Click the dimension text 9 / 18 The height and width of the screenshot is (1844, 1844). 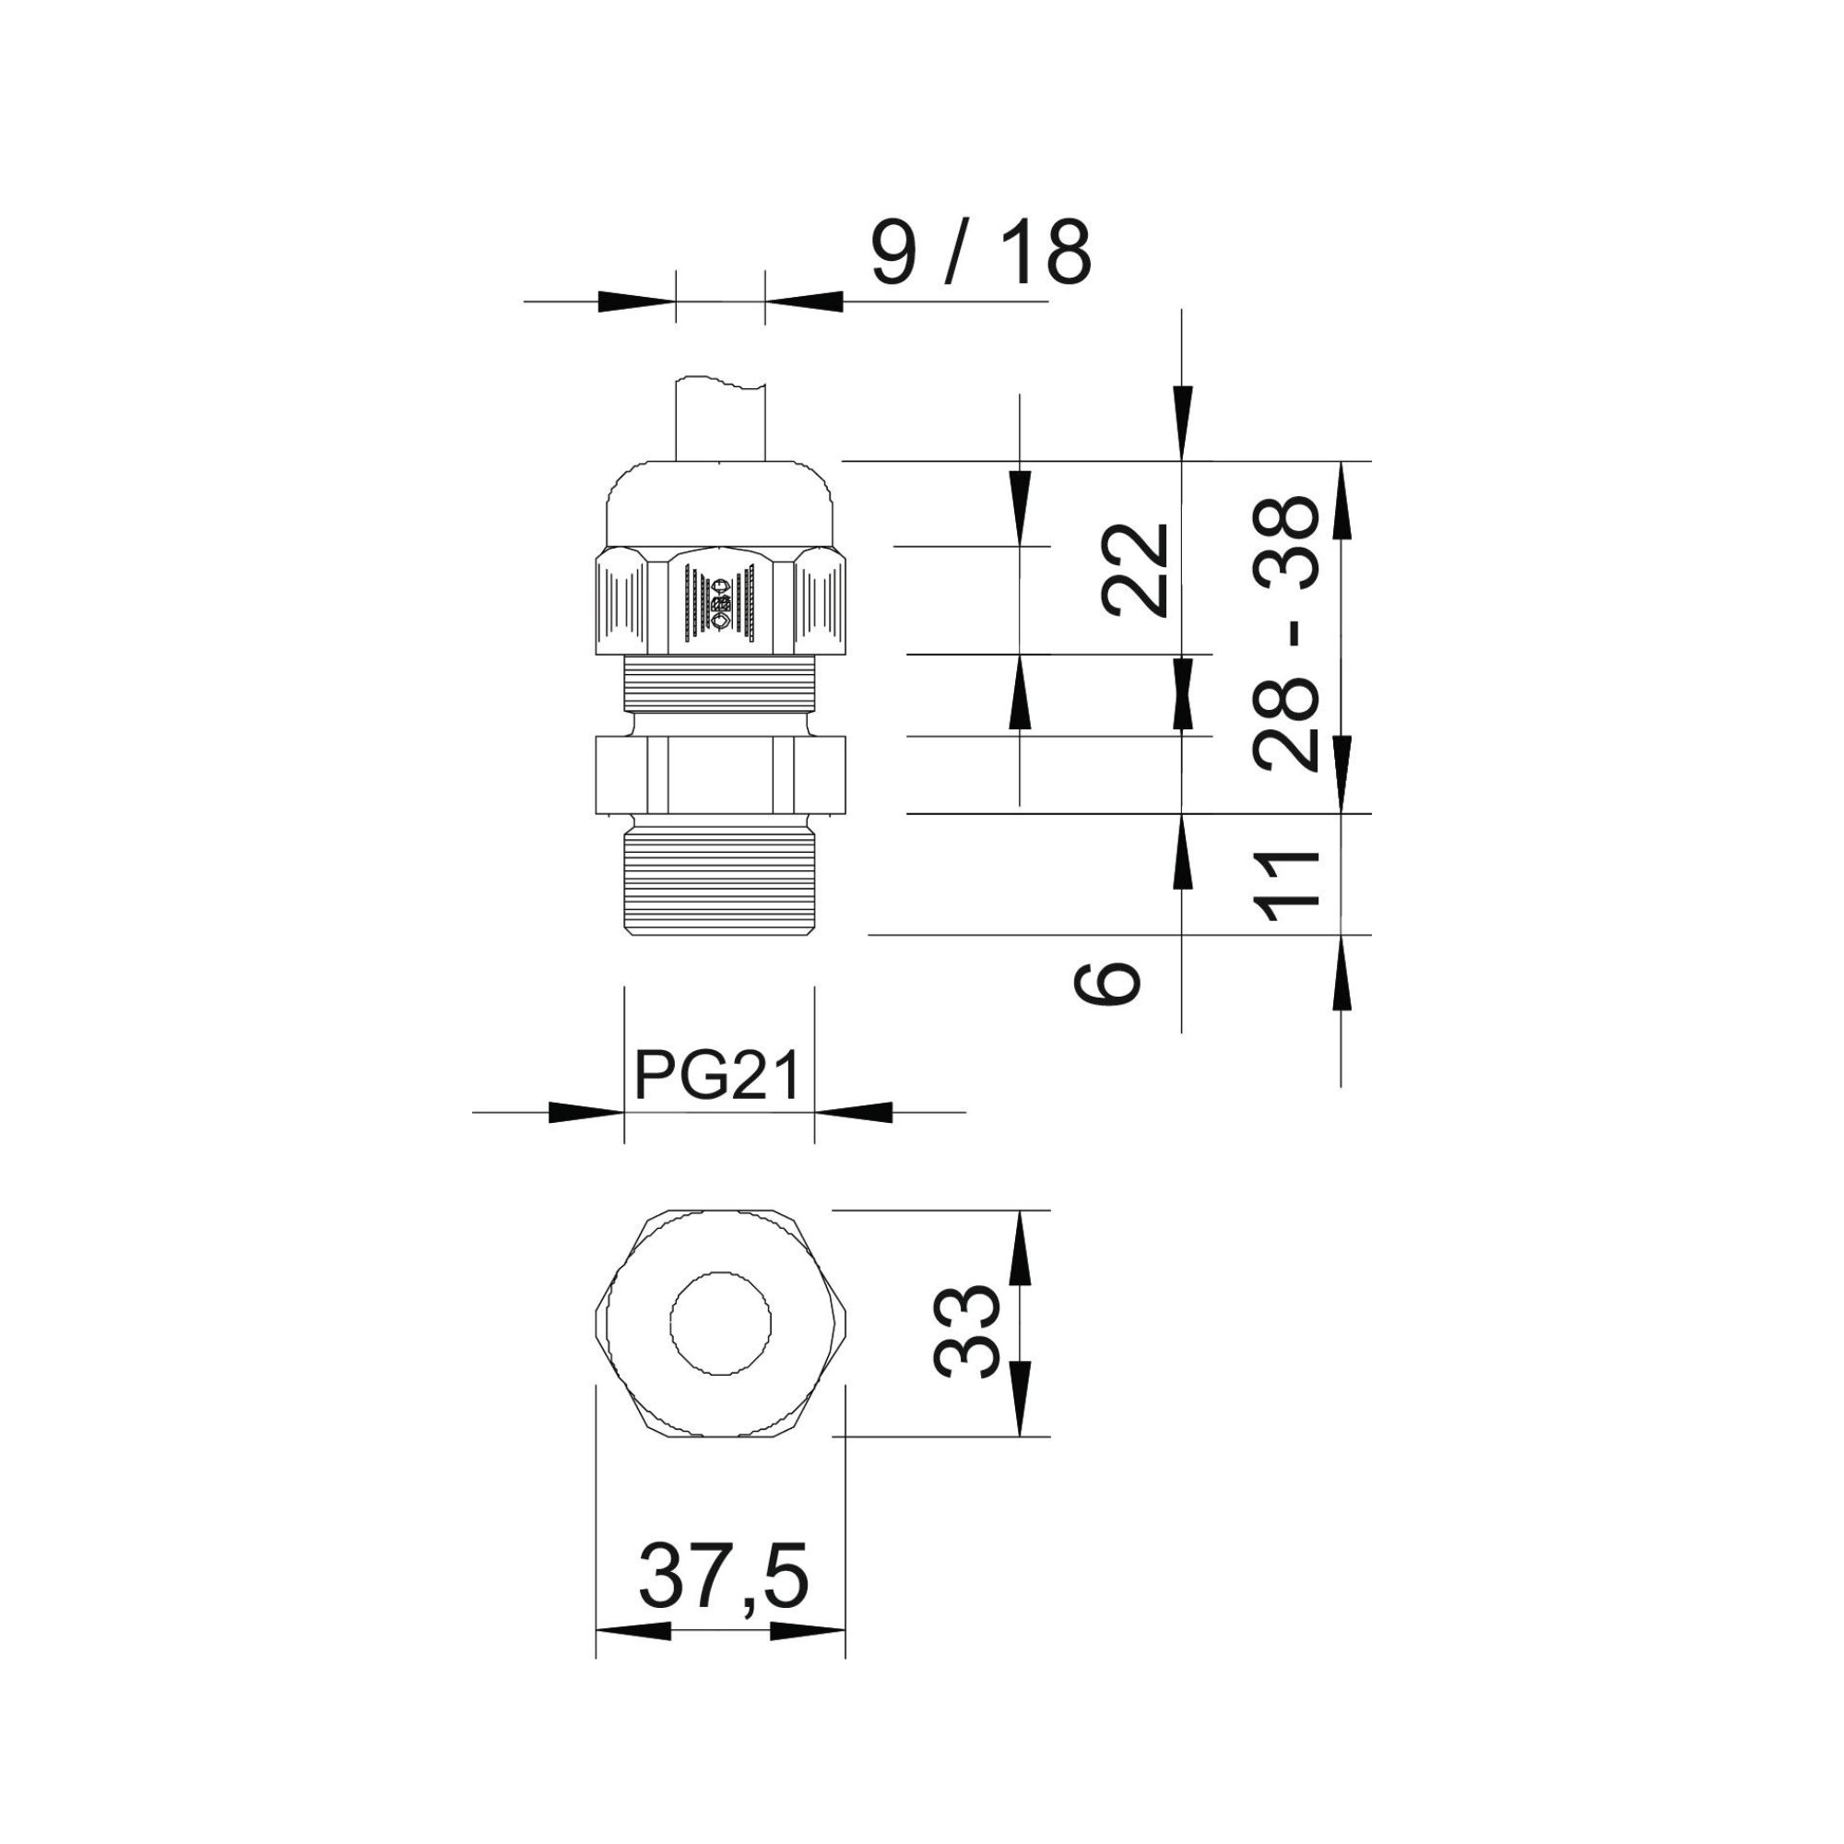pos(980,252)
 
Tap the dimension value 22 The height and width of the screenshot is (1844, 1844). pos(1136,570)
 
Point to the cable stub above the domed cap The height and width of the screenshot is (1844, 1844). pos(721,420)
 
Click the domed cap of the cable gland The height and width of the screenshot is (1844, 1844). pos(721,505)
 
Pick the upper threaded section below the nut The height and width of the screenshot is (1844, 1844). pos(720,684)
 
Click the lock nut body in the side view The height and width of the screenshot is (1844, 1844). pos(721,775)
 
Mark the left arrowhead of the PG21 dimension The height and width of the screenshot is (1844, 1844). pos(586,1112)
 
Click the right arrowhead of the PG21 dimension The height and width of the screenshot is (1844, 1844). pos(853,1112)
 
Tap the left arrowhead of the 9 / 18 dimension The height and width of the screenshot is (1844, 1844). pos(636,301)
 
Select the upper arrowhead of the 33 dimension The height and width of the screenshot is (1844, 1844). pos(1021,1248)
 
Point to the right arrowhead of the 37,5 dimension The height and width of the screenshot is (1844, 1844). pos(808,1631)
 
